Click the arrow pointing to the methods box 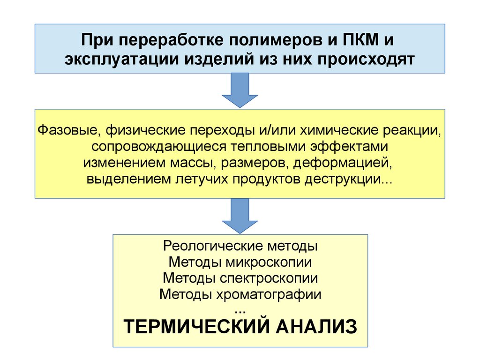[240, 215]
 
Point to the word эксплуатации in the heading [120, 60]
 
